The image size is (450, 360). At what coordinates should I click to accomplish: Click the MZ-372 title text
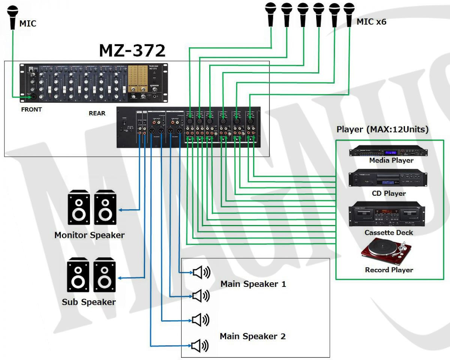point(132,50)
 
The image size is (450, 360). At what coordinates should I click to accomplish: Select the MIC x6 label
point(371,22)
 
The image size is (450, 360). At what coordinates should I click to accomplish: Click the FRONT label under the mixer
point(31,109)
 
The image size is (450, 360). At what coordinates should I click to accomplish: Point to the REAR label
point(97,113)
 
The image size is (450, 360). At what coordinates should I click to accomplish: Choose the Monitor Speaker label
point(89,235)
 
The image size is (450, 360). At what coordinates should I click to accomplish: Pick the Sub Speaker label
point(89,302)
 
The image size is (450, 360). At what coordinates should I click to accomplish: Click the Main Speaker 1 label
point(253,284)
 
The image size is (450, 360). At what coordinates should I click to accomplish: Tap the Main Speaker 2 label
point(253,336)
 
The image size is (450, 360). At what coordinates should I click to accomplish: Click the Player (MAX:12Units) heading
point(382,130)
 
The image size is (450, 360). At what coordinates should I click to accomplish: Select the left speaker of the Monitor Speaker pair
point(79,207)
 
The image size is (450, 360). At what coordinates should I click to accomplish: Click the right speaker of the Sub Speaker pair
point(105,274)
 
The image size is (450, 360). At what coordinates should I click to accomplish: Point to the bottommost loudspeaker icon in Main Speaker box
point(200,345)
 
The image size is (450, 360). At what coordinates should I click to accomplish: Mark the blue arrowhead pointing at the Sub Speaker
point(120,278)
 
